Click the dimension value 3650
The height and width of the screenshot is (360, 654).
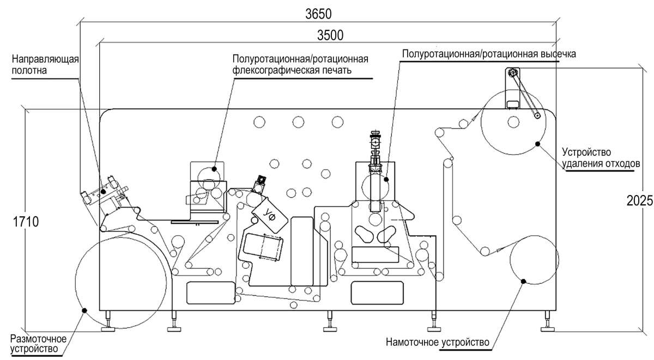[318, 14]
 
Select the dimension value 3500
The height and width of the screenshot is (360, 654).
[330, 35]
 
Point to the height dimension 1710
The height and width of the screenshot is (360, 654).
[26, 222]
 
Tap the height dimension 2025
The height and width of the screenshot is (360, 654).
[639, 200]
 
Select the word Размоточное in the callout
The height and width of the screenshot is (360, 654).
[38, 339]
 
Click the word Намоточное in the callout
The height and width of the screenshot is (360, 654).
[412, 342]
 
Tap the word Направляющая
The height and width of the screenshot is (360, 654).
[45, 59]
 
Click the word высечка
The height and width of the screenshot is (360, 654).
[559, 54]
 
